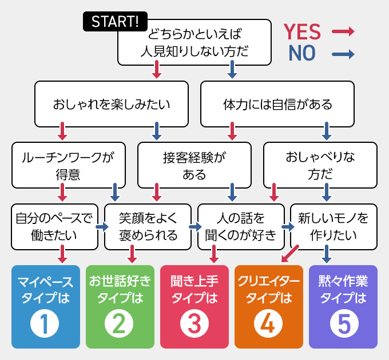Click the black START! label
(114, 22)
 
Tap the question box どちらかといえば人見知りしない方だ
(194, 43)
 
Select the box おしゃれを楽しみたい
(111, 105)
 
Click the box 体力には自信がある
(277, 105)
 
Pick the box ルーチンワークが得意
(68, 166)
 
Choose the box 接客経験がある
(194, 166)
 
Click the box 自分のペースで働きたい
(54, 226)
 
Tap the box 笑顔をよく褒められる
(148, 226)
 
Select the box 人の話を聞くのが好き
(241, 226)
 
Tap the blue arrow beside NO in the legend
(343, 55)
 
